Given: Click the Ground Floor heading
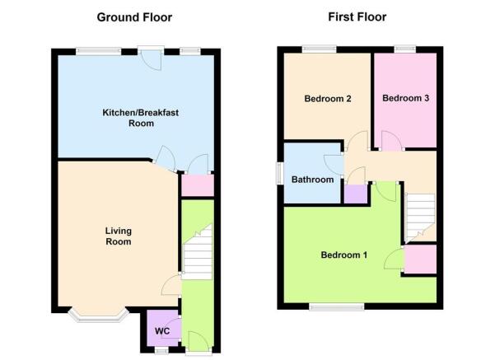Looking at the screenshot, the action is click(x=134, y=17).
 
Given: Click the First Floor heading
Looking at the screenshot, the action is click(x=357, y=16).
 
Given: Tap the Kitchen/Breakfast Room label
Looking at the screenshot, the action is click(x=141, y=118).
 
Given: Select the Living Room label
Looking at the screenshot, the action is click(x=119, y=236).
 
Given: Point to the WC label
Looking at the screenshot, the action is click(x=162, y=331).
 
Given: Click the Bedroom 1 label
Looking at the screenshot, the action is click(x=343, y=255).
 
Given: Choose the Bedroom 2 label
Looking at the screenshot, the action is click(x=328, y=99).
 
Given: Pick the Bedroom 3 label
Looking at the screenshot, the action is click(x=406, y=98).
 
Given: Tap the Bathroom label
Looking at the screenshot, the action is click(x=312, y=180).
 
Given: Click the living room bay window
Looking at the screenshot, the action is click(x=99, y=316).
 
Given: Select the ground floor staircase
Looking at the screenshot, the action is click(x=198, y=252).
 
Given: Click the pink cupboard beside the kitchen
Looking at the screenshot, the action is click(x=198, y=185).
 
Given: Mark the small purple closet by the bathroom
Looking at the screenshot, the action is click(x=356, y=194).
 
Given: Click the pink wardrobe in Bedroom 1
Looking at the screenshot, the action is click(x=420, y=259).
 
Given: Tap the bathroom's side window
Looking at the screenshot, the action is click(x=280, y=173).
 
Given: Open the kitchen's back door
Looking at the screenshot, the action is click(x=152, y=58).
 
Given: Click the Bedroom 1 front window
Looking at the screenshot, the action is click(x=337, y=306).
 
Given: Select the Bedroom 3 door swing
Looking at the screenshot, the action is click(x=391, y=141).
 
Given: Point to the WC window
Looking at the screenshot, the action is click(x=161, y=351).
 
